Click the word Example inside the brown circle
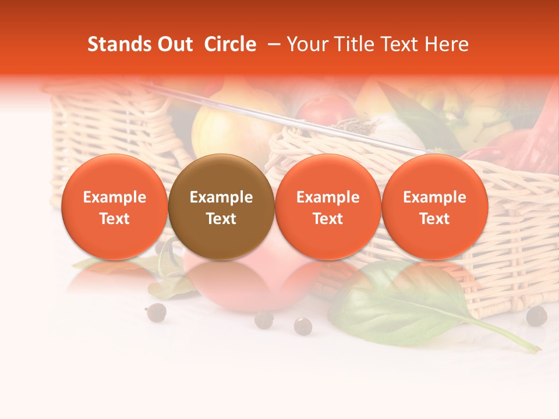[221, 197]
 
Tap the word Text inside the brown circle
[221, 219]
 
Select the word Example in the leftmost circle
[115, 197]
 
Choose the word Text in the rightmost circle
[434, 219]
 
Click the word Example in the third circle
[328, 197]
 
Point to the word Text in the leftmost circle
[115, 219]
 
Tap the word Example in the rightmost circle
[434, 197]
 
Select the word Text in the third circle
[328, 219]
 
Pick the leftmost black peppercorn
[155, 312]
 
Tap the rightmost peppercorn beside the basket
[536, 316]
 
